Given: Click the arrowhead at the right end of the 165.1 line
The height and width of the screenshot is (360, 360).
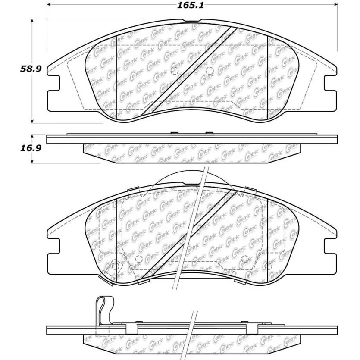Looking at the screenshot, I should (335, 6).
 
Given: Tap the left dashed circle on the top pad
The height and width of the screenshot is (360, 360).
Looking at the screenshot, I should (175, 71).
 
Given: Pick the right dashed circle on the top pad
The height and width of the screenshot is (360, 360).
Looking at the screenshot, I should (209, 71).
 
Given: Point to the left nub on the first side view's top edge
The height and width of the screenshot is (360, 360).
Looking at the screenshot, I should (175, 133).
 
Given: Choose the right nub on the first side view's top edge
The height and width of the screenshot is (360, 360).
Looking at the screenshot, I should (209, 133).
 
